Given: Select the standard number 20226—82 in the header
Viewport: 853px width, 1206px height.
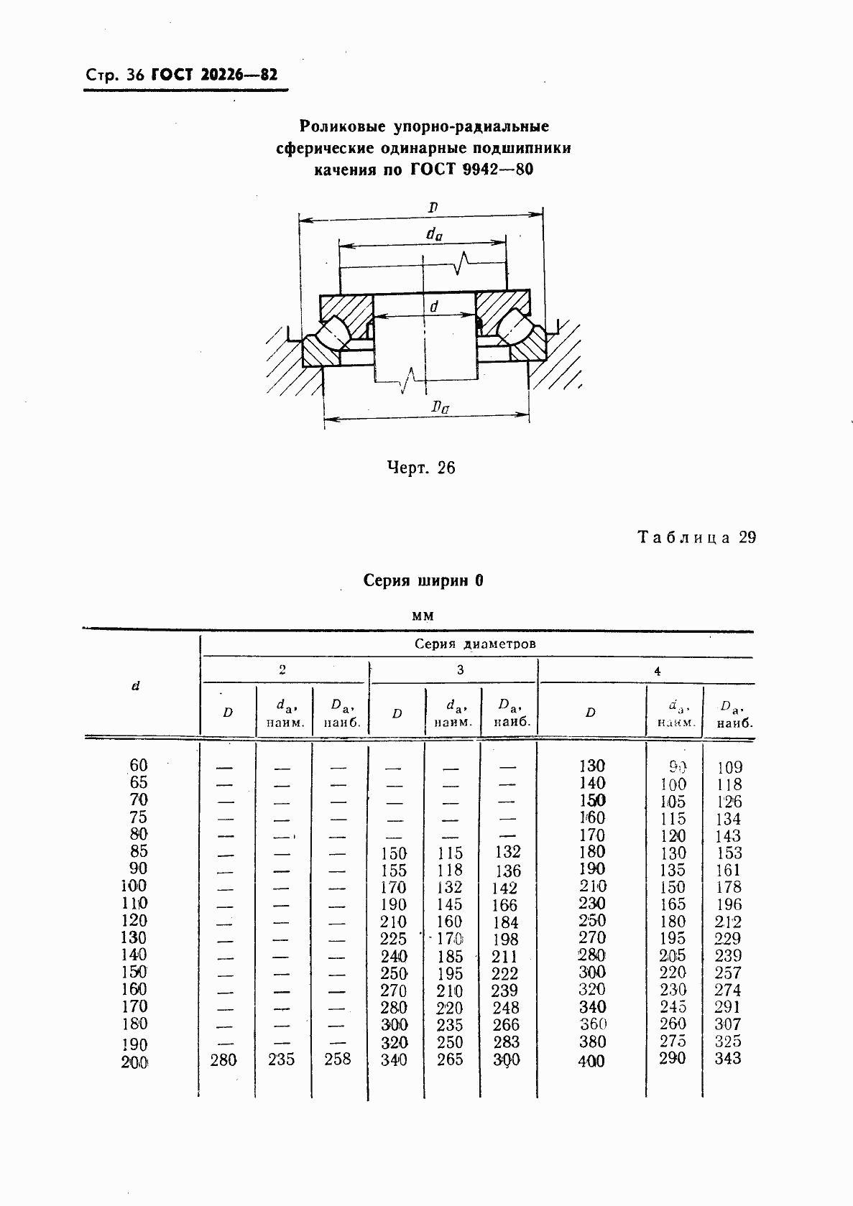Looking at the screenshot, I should tap(240, 75).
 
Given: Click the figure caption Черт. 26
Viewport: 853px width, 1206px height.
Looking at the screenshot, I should tap(420, 468).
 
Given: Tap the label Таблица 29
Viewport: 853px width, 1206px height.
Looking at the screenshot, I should tap(696, 537).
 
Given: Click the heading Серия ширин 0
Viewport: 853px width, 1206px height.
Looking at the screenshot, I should tap(423, 580).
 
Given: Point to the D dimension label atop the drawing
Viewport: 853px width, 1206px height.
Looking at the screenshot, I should tap(433, 208).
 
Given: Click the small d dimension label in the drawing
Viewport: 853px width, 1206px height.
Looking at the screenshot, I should tap(433, 307).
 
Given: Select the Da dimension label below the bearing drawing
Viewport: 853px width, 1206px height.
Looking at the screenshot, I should tap(440, 407).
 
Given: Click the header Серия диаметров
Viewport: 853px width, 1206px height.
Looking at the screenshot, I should tap(475, 644).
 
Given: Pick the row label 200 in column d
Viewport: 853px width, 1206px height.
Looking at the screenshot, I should tap(134, 1062).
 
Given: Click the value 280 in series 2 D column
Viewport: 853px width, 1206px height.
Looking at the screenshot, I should tap(223, 1059).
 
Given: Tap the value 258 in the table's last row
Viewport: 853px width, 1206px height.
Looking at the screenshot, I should tap(337, 1059).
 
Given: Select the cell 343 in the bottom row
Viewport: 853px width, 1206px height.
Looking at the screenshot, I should tap(727, 1058).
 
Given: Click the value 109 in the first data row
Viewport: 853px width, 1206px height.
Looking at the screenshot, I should tap(729, 767).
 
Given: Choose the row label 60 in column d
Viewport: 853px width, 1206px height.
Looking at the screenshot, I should tap(137, 765).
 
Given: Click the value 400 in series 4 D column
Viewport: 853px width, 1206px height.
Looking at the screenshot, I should tap(591, 1061).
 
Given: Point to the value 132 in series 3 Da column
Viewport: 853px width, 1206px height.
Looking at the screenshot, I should tap(507, 852).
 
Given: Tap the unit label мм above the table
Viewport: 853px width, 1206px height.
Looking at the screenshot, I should tap(423, 616).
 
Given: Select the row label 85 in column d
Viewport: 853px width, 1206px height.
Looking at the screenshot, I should tap(137, 851).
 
